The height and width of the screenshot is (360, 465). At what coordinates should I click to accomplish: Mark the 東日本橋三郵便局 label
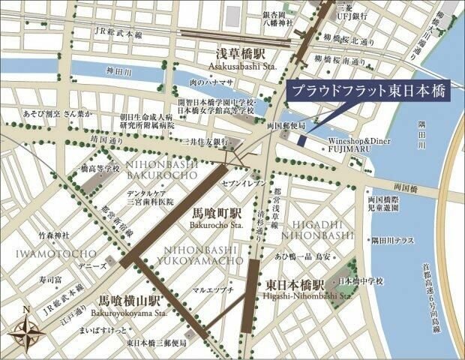click(155, 343)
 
